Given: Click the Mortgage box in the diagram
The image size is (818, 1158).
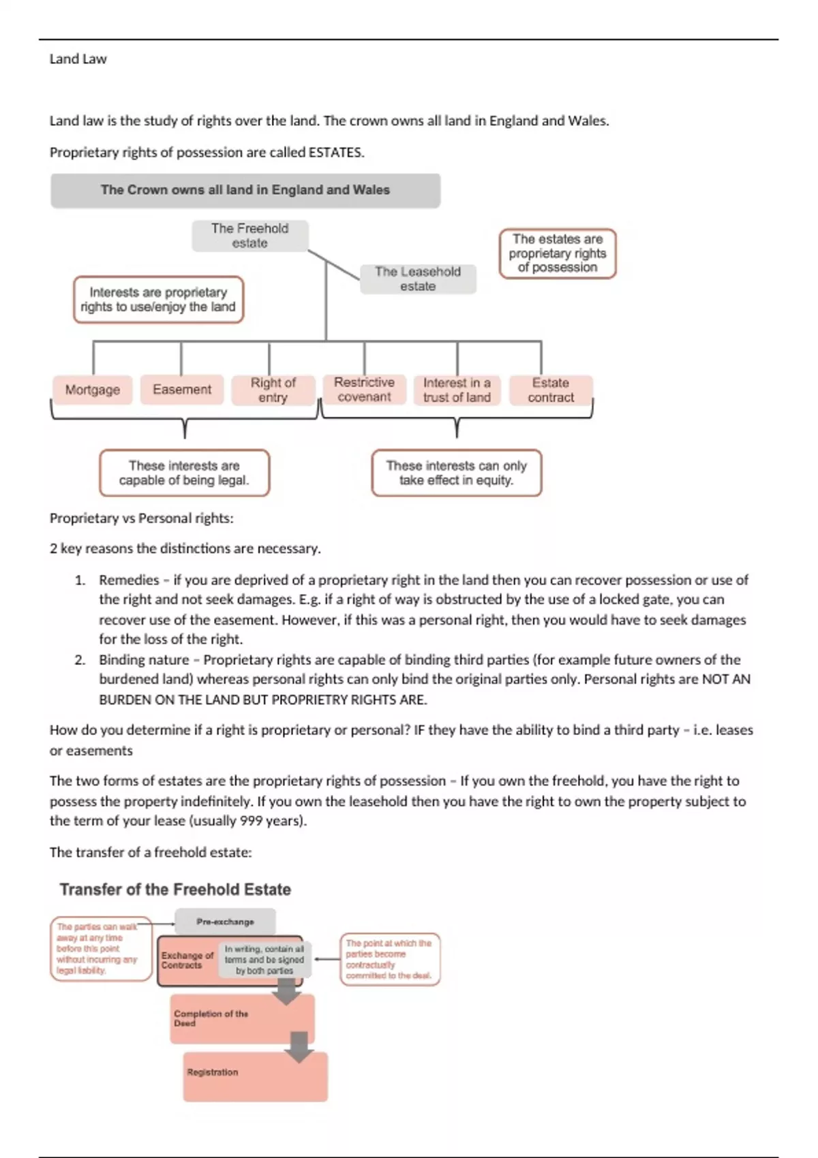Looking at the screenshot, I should click(93, 390).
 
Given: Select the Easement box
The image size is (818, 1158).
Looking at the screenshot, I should click(182, 390).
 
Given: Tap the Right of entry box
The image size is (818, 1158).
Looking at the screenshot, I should click(273, 390).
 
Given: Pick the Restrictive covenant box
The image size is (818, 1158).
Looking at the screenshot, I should click(364, 390).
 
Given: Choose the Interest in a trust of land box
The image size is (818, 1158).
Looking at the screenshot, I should click(457, 390).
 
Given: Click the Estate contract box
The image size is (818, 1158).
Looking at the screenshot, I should click(551, 390).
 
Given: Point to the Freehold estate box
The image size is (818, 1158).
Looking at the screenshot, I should click(249, 236).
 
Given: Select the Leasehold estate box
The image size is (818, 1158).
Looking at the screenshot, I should click(417, 279).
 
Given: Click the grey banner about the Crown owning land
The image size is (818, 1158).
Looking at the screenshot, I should click(245, 190).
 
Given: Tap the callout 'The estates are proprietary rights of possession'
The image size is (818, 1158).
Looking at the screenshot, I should click(558, 253).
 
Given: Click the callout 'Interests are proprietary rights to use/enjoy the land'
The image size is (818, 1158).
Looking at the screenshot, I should click(158, 300).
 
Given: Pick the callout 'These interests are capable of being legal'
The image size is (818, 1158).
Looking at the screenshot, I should click(184, 473).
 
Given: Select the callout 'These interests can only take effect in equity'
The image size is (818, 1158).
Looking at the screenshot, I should click(457, 473).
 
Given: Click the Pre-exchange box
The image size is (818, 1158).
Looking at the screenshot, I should click(225, 922).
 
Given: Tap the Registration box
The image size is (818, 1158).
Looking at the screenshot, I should click(255, 1076).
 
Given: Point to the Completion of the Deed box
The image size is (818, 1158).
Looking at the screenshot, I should click(242, 1019).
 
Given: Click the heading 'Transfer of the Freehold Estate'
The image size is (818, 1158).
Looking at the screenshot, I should click(175, 890).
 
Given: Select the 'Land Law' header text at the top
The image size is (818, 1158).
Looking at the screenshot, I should click(78, 59).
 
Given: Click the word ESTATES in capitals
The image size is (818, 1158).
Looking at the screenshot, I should click(335, 153).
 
